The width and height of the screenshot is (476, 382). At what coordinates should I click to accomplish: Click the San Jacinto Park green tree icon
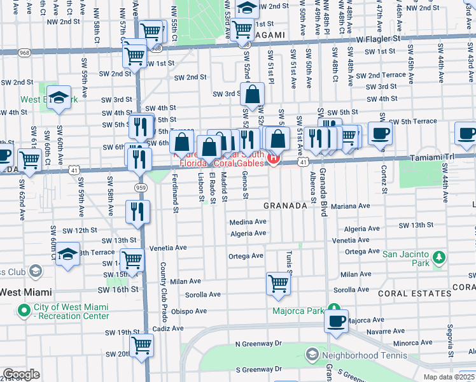tap(438, 258)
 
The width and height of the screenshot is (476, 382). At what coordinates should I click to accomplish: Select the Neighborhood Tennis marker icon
tap(312, 353)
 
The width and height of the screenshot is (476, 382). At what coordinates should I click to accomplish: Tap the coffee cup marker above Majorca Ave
tap(336, 320)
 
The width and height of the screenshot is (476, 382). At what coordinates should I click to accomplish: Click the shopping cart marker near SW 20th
tap(141, 345)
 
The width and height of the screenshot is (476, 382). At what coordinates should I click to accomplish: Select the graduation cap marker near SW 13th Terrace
tap(67, 254)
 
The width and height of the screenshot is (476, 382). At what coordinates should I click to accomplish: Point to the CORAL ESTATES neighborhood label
tap(414, 294)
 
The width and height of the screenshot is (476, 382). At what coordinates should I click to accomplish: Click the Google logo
tap(21, 374)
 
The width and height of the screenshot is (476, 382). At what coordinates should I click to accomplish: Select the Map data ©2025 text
tap(449, 377)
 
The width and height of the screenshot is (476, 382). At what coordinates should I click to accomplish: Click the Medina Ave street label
tap(248, 222)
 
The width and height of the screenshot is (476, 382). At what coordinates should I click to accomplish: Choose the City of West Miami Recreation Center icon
tap(24, 311)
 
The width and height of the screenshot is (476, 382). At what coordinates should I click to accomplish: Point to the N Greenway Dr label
tap(258, 344)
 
